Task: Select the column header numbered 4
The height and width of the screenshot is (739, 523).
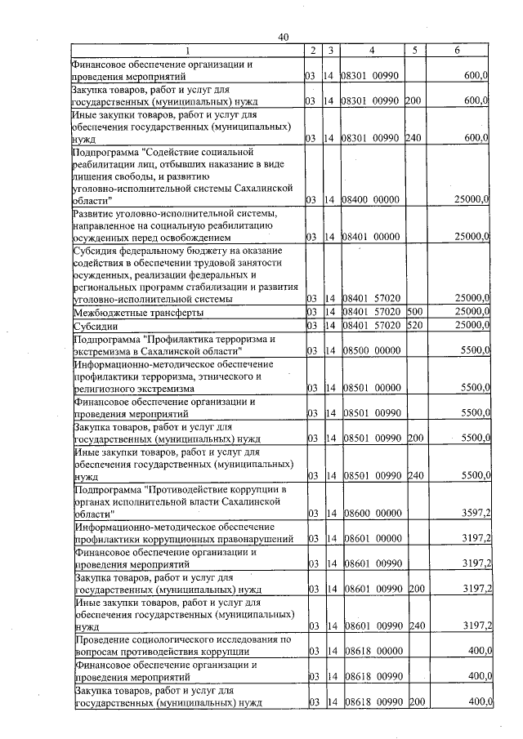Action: [371, 51]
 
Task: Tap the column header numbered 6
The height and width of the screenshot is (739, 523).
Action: [457, 51]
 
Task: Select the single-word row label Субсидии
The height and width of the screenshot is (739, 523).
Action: [96, 326]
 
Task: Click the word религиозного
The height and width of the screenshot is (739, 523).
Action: [105, 390]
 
